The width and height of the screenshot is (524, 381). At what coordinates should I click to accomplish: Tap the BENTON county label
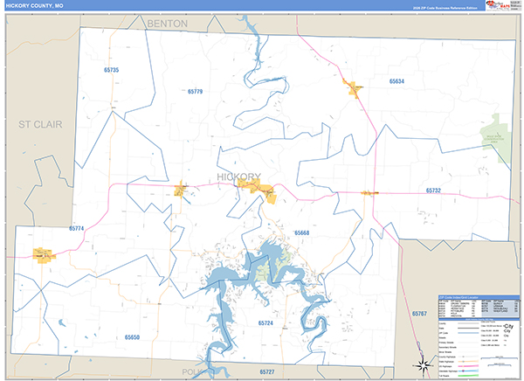[x=168, y=23]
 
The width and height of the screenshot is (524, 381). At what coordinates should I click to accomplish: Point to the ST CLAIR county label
[x=41, y=125]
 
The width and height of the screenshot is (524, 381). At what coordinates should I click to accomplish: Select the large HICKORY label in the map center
[x=238, y=177]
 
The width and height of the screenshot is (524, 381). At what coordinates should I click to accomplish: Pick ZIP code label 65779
[x=194, y=91]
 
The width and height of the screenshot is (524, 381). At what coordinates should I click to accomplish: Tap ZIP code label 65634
[x=397, y=81]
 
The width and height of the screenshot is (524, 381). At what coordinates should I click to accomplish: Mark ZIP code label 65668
[x=302, y=232]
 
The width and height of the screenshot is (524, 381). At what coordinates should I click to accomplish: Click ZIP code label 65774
[x=76, y=229]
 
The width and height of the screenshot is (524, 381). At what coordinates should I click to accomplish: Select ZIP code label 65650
[x=132, y=336]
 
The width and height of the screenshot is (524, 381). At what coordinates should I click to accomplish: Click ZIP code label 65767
[x=421, y=313]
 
